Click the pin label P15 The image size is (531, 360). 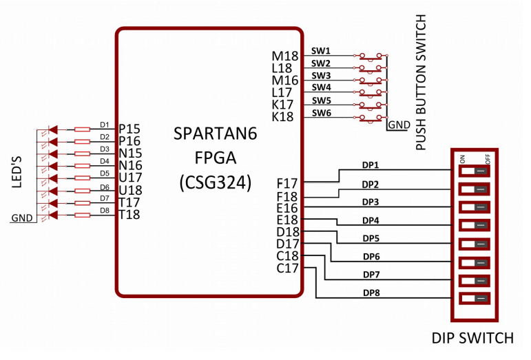click(x=129, y=129)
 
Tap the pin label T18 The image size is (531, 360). click(x=129, y=215)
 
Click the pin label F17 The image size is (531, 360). click(x=287, y=184)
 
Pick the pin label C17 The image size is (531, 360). click(x=287, y=268)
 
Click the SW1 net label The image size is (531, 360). click(x=321, y=51)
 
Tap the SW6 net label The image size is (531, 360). click(x=321, y=113)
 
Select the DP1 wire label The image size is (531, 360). click(x=371, y=166)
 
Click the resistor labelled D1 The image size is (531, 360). click(x=82, y=129)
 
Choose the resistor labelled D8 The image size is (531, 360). click(x=82, y=215)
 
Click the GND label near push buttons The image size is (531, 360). click(x=398, y=125)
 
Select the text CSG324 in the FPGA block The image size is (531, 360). click(x=215, y=182)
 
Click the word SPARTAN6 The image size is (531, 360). click(x=215, y=134)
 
